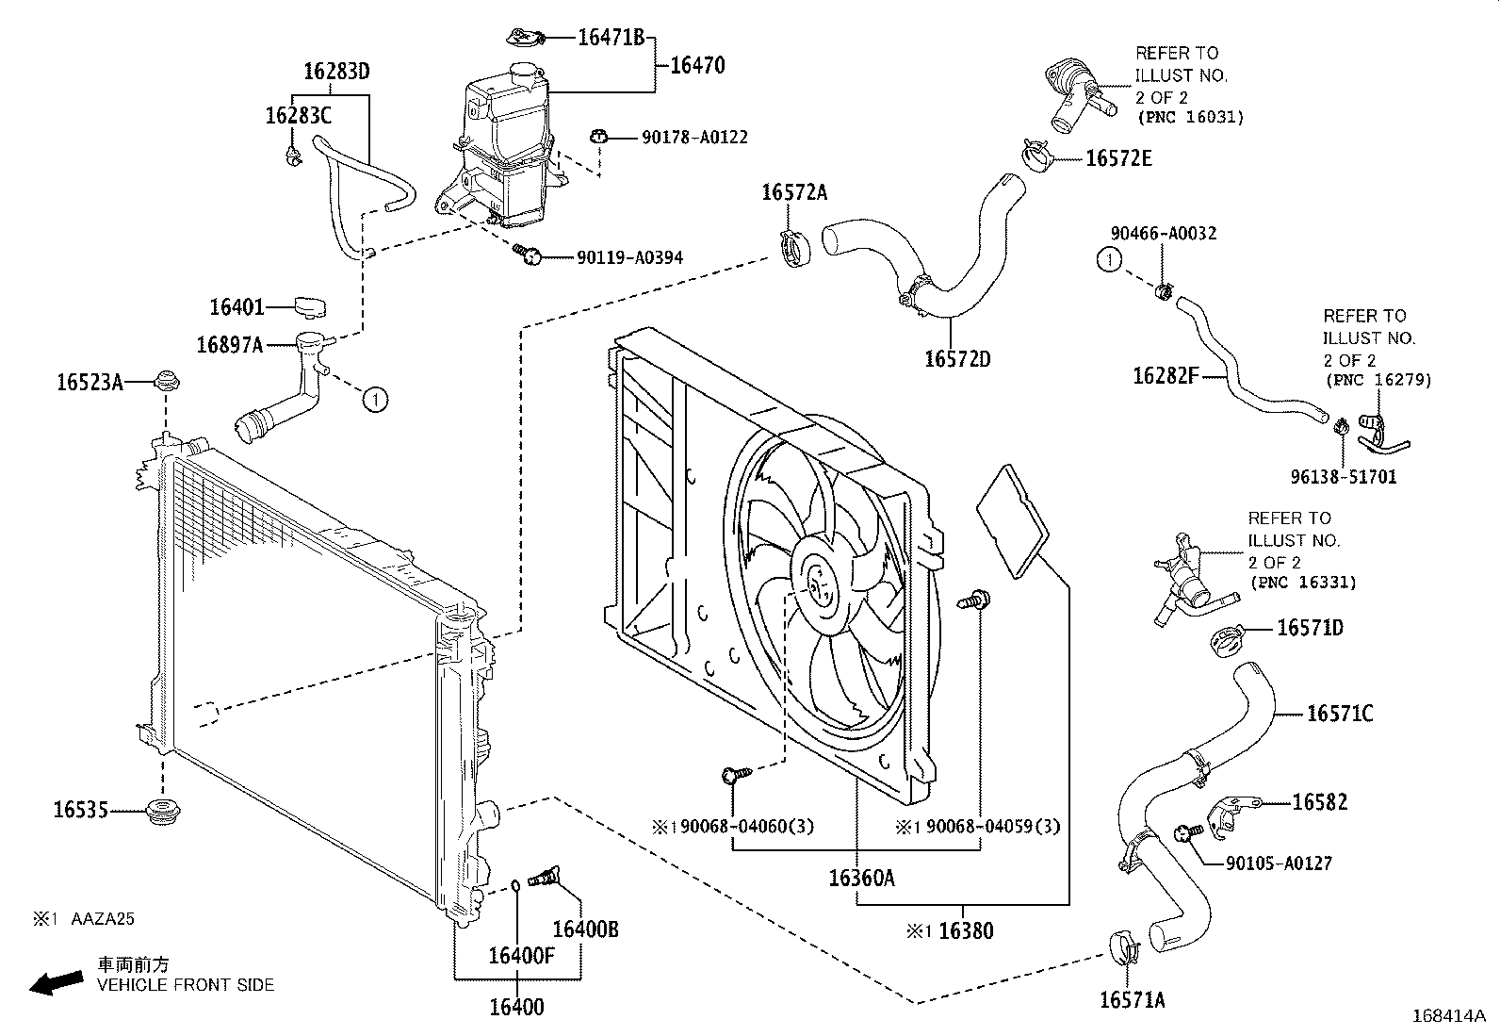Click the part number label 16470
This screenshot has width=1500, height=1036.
point(697,66)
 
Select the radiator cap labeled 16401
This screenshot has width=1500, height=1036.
point(309,306)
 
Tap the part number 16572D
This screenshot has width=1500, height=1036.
point(957,359)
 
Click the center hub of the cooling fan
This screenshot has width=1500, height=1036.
point(814,582)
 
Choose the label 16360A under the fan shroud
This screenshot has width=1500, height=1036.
point(861,879)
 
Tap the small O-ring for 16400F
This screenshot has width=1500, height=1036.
point(516,884)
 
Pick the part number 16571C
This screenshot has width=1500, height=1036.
point(1340,714)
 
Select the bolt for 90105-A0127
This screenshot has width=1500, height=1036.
point(1185,831)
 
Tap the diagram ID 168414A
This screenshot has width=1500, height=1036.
point(1448,1016)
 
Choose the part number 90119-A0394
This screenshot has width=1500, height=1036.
point(629,257)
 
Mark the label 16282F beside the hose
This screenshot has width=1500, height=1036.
point(1165,376)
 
